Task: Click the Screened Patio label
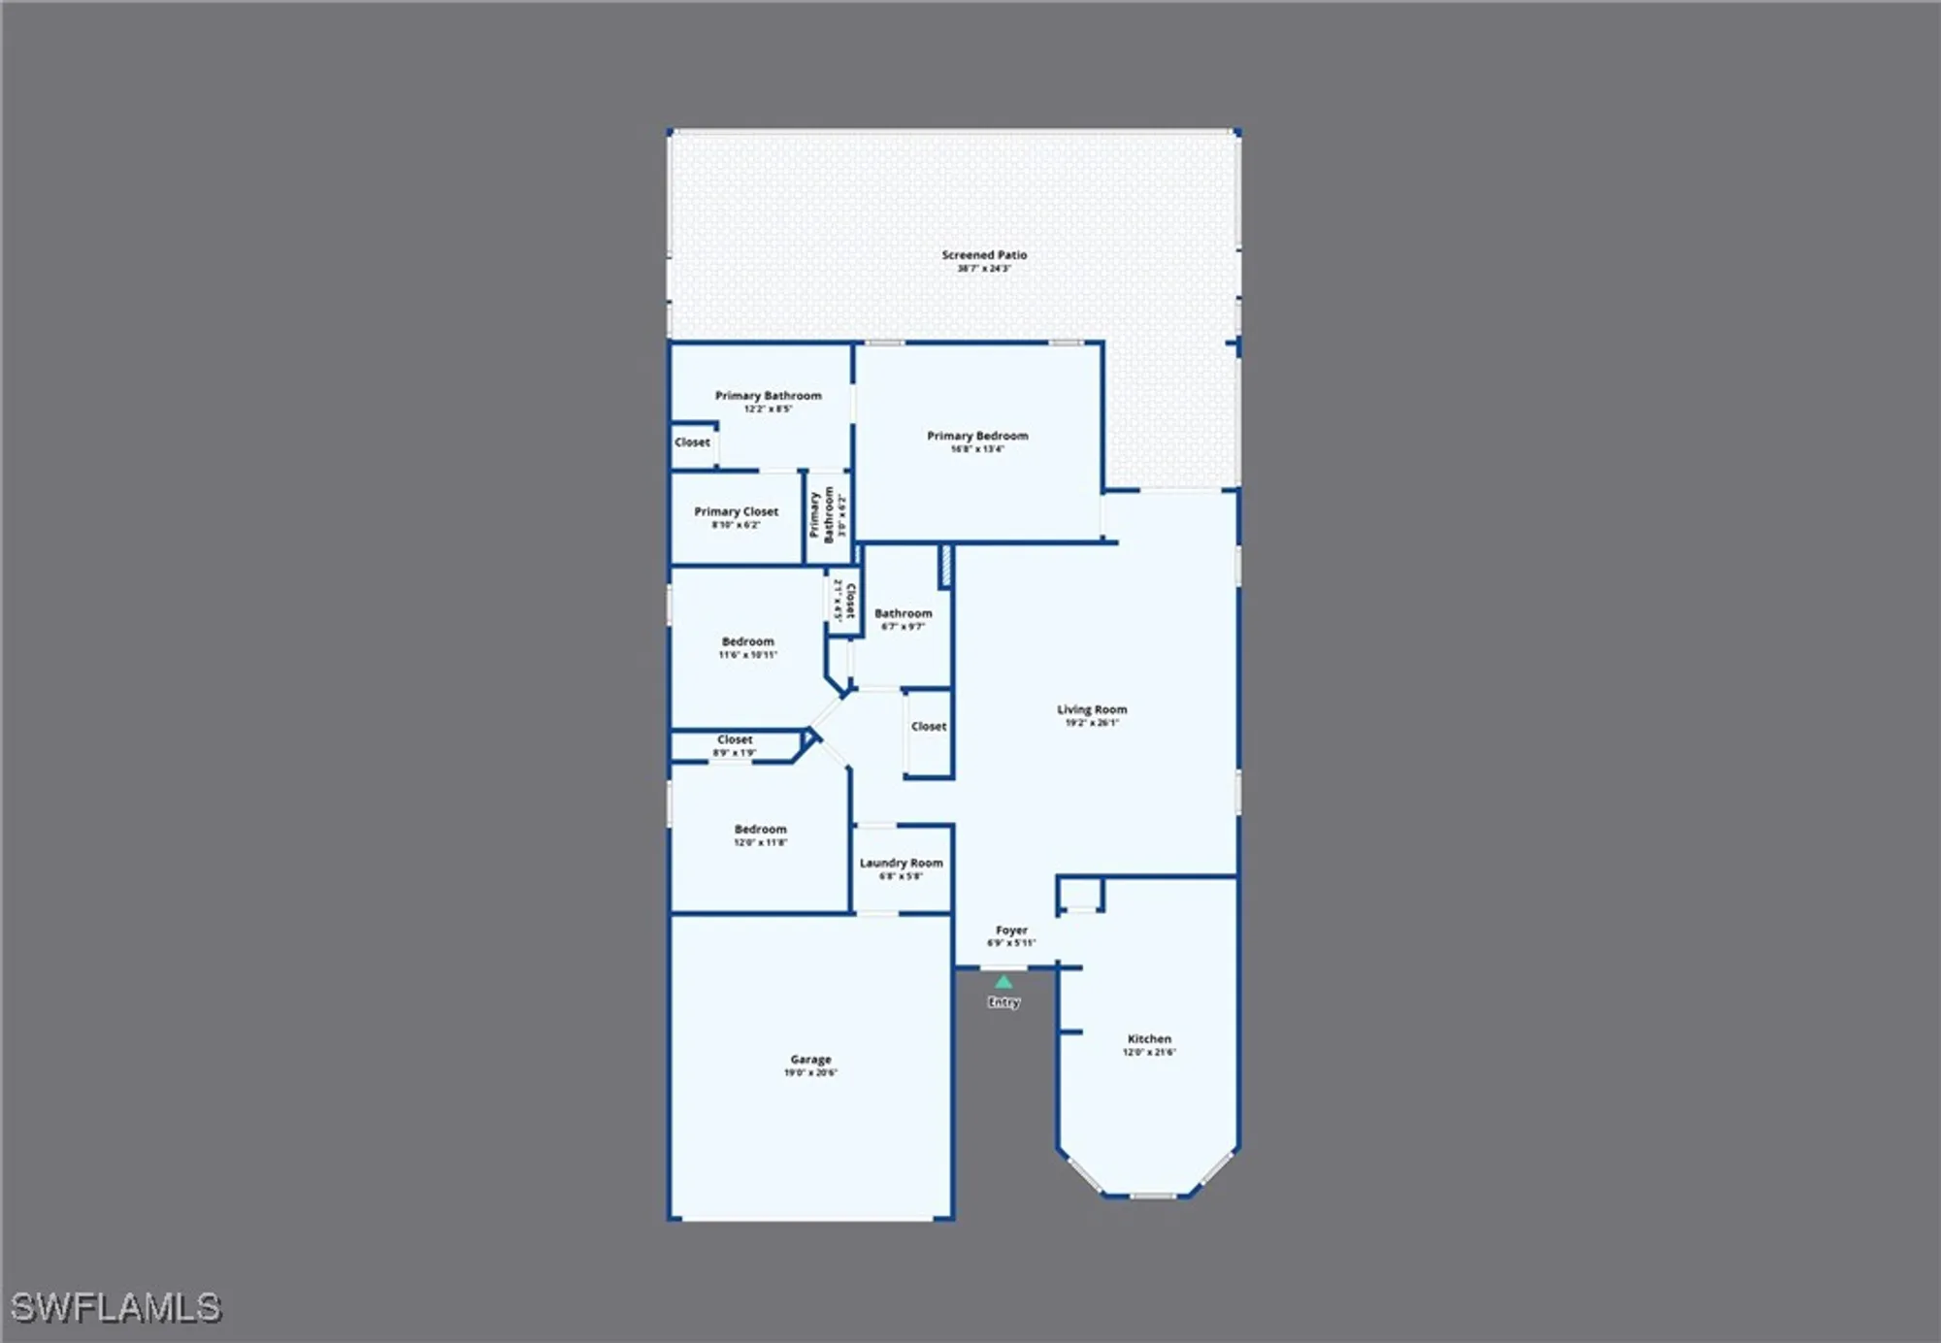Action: pos(984,255)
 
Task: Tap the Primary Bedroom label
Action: pos(977,437)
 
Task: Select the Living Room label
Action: pos(1092,709)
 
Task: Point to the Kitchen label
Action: pos(1149,1039)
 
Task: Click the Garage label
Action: pos(810,1060)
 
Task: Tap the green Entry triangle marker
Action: pos(1003,982)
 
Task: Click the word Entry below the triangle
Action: pos(1003,1002)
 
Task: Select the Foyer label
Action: pos(1011,931)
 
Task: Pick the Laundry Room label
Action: pos(901,863)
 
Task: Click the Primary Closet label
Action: pos(736,511)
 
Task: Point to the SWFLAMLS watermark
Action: pos(115,1307)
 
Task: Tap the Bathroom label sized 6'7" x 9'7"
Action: pos(903,613)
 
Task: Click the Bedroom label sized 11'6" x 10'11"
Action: pos(747,642)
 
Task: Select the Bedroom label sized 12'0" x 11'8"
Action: pos(760,830)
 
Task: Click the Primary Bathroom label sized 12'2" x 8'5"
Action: pos(768,396)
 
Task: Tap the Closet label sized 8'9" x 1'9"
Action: pos(735,740)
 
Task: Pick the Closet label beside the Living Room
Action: pos(929,727)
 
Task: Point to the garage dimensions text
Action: pos(810,1073)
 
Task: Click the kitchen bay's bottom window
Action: pos(1152,1196)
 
